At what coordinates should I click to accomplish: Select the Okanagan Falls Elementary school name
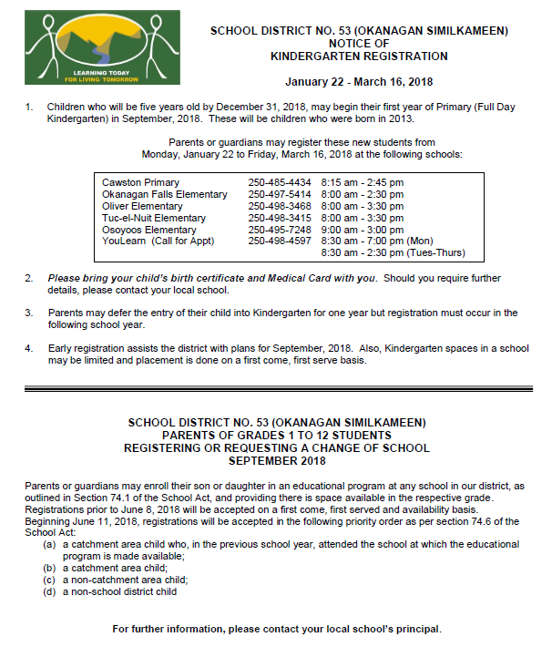click(165, 194)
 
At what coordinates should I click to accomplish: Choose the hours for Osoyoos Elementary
click(363, 230)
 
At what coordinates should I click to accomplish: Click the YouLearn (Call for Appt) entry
click(158, 241)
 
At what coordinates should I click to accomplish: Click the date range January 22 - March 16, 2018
click(359, 82)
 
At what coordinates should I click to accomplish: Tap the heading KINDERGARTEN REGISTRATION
click(359, 56)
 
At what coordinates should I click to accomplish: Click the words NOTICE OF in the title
click(359, 44)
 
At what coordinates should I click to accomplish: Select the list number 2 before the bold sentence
click(28, 277)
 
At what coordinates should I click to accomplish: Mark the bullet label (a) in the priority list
click(49, 544)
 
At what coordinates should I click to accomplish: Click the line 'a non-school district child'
click(119, 591)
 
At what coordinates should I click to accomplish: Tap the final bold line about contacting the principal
click(277, 629)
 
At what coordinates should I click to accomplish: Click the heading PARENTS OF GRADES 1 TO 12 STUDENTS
click(277, 435)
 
